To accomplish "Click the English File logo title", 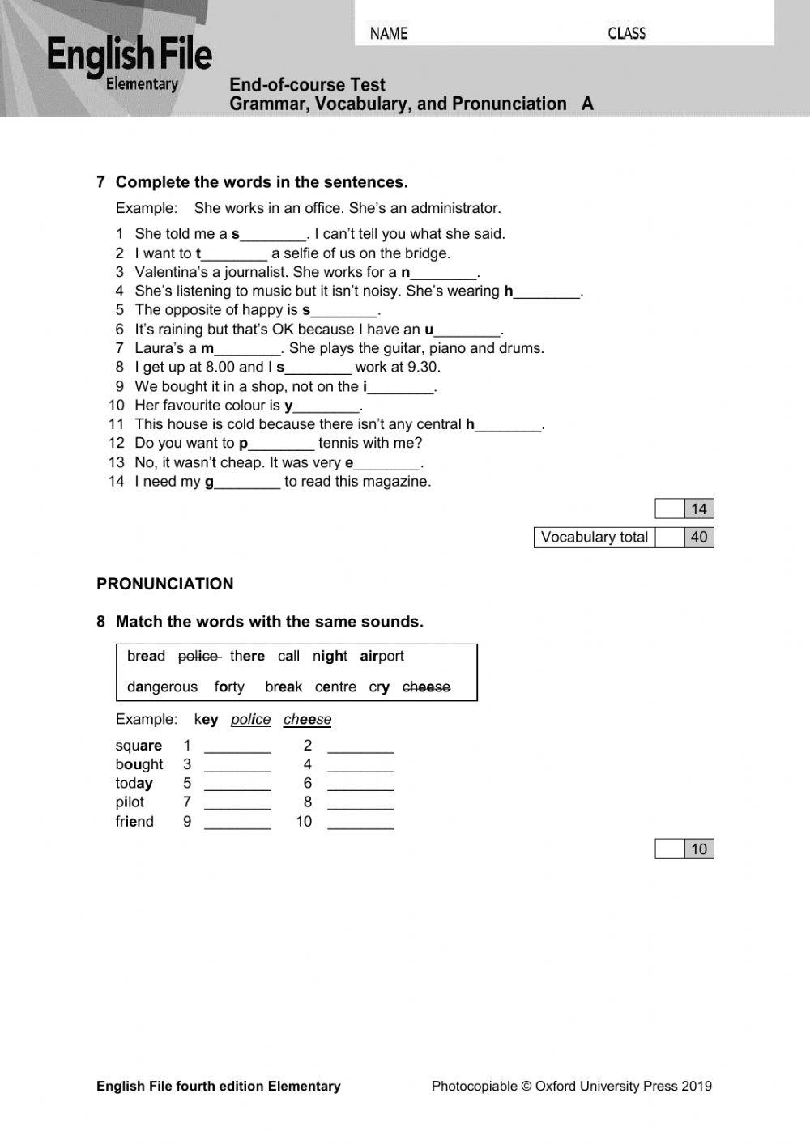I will coord(130,56).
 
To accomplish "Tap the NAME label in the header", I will coord(389,33).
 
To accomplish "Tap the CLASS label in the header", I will coord(626,33).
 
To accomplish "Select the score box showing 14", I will coord(698,509).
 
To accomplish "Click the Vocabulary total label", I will coord(594,537).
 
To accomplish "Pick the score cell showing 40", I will coord(698,537).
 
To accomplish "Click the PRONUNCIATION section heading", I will coord(164,584).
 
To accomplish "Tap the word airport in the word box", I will coord(382,657).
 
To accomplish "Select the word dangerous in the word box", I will coord(162,687).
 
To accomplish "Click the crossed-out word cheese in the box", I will coord(426,687).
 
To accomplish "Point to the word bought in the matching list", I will coord(139,764).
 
